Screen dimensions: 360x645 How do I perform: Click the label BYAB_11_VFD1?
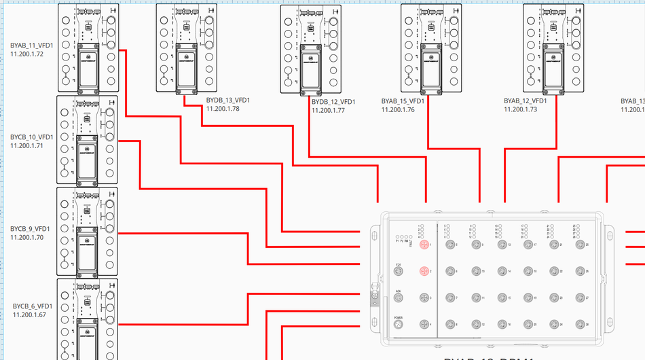[x=31, y=46]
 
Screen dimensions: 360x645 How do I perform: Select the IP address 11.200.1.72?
[x=27, y=54]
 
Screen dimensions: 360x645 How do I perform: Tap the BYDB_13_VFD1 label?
[x=228, y=101]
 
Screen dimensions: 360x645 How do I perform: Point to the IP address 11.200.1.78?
[x=223, y=109]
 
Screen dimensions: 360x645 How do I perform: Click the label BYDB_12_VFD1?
[x=334, y=103]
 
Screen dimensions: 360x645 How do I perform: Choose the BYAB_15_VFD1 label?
[x=403, y=101]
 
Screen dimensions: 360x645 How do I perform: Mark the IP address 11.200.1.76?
[x=398, y=109]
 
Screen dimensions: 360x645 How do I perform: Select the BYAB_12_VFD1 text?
[x=526, y=101]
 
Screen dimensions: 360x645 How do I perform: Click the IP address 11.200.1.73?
[x=521, y=109]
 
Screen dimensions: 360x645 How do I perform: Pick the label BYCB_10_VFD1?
[x=32, y=137]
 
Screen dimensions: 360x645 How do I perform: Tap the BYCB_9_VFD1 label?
[x=31, y=229]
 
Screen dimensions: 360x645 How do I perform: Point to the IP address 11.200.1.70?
[x=27, y=238]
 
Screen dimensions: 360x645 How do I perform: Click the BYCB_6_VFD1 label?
[x=33, y=306]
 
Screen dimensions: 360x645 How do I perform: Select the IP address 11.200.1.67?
[x=29, y=314]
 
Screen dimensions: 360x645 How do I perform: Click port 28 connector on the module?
[x=579, y=325]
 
